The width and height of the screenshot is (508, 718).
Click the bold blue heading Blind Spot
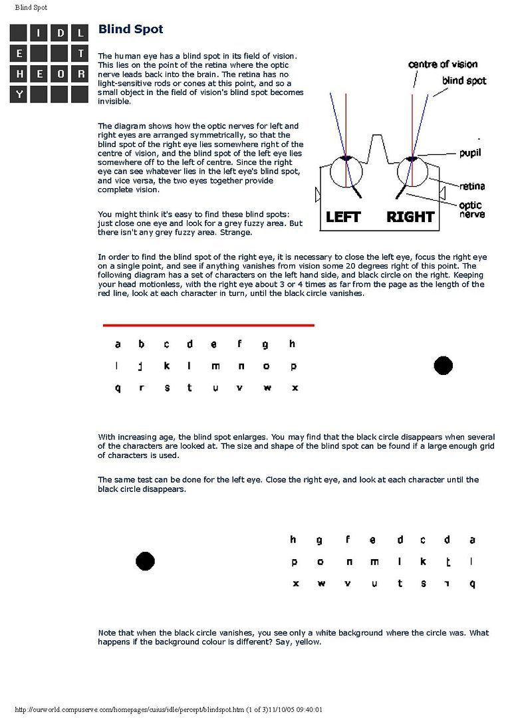click(130, 29)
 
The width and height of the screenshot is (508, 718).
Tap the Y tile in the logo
click(19, 94)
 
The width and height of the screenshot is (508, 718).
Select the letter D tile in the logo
click(60, 32)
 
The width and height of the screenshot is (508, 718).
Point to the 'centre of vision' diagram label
click(443, 64)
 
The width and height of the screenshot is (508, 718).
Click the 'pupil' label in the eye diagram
click(470, 153)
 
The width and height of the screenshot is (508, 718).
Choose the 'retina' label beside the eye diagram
click(471, 186)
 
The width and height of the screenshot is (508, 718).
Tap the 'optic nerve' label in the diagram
click(471, 210)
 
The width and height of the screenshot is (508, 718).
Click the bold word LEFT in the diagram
click(343, 217)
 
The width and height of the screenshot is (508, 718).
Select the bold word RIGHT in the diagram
click(410, 217)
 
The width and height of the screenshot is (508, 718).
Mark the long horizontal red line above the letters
click(208, 325)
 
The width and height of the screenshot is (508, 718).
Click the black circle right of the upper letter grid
click(443, 365)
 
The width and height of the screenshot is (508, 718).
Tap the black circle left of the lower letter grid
click(145, 561)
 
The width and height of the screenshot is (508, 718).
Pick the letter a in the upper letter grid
click(118, 344)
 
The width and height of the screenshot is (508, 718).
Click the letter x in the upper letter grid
click(295, 388)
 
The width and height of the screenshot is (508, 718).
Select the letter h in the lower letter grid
click(293, 540)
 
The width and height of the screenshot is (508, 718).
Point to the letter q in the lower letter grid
click(472, 584)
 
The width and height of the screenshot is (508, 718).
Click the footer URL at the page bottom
click(173, 709)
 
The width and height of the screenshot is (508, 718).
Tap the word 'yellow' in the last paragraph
click(308, 642)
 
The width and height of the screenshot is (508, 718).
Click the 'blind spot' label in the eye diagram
click(464, 81)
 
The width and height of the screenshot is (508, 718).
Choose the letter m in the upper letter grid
click(215, 366)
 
